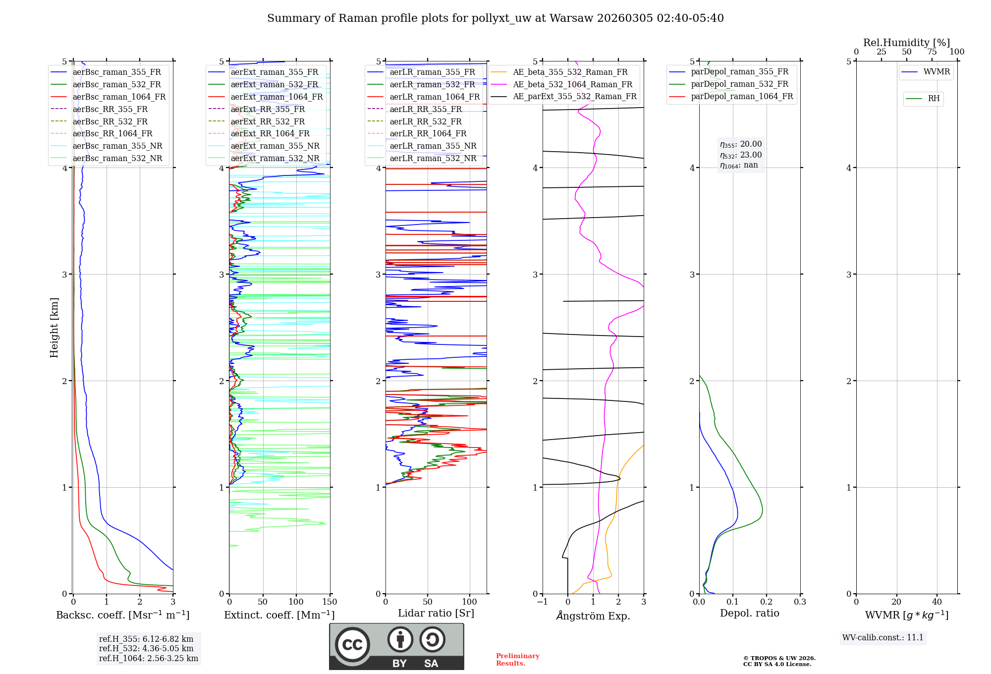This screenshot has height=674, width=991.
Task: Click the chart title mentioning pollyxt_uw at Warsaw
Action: (x=495, y=18)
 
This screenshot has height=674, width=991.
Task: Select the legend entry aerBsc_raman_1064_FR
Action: (x=119, y=97)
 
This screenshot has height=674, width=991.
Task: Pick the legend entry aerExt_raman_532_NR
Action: (x=275, y=158)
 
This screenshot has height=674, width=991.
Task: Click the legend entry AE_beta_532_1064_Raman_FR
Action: (x=572, y=84)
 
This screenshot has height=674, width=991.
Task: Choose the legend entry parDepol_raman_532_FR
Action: (x=739, y=84)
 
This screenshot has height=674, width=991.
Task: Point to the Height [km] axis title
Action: (x=54, y=328)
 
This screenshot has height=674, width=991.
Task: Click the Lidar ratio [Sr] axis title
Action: (x=436, y=613)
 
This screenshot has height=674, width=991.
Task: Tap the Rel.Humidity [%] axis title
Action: (x=907, y=43)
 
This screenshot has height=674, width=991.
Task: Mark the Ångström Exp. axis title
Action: (x=593, y=616)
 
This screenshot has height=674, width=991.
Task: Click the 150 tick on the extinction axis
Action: (x=330, y=602)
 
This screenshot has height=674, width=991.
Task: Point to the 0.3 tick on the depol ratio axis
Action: (x=800, y=602)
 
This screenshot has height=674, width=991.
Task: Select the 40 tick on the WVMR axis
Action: (x=936, y=602)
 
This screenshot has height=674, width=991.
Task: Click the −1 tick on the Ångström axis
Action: (x=542, y=602)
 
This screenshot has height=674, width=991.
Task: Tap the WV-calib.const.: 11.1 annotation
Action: (x=883, y=637)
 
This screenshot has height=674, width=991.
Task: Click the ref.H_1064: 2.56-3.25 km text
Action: (x=149, y=658)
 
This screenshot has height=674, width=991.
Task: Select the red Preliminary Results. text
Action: (x=517, y=660)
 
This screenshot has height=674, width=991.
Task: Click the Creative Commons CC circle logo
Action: (x=352, y=644)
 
